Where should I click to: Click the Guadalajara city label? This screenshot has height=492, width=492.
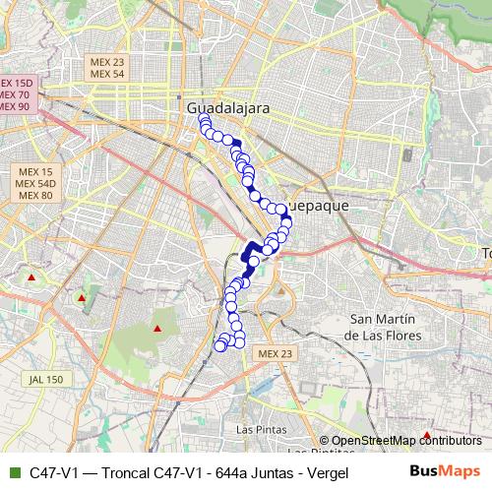pyautogui.click(x=227, y=105)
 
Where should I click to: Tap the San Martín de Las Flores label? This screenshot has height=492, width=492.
pyautogui.click(x=382, y=328)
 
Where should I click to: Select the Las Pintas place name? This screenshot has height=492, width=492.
pyautogui.click(x=263, y=430)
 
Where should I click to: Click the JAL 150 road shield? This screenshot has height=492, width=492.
pyautogui.click(x=45, y=379)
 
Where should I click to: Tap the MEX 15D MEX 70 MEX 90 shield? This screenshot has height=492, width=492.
pyautogui.click(x=17, y=94)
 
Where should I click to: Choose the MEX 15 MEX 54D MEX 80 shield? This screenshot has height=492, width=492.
pyautogui.click(x=34, y=184)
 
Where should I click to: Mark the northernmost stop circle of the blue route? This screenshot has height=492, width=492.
pyautogui.click(x=204, y=120)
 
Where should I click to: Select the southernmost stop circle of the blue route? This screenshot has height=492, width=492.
pyautogui.click(x=220, y=345)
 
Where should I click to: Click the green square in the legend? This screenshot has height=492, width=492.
pyautogui.click(x=13, y=472)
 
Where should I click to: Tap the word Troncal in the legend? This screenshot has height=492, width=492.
pyautogui.click(x=120, y=472)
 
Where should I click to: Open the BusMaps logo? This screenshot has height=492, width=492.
pyautogui.click(x=445, y=471)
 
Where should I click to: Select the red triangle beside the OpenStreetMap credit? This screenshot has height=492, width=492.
pyautogui.click(x=426, y=434)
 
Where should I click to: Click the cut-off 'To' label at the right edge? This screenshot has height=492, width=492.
pyautogui.click(x=485, y=254)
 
